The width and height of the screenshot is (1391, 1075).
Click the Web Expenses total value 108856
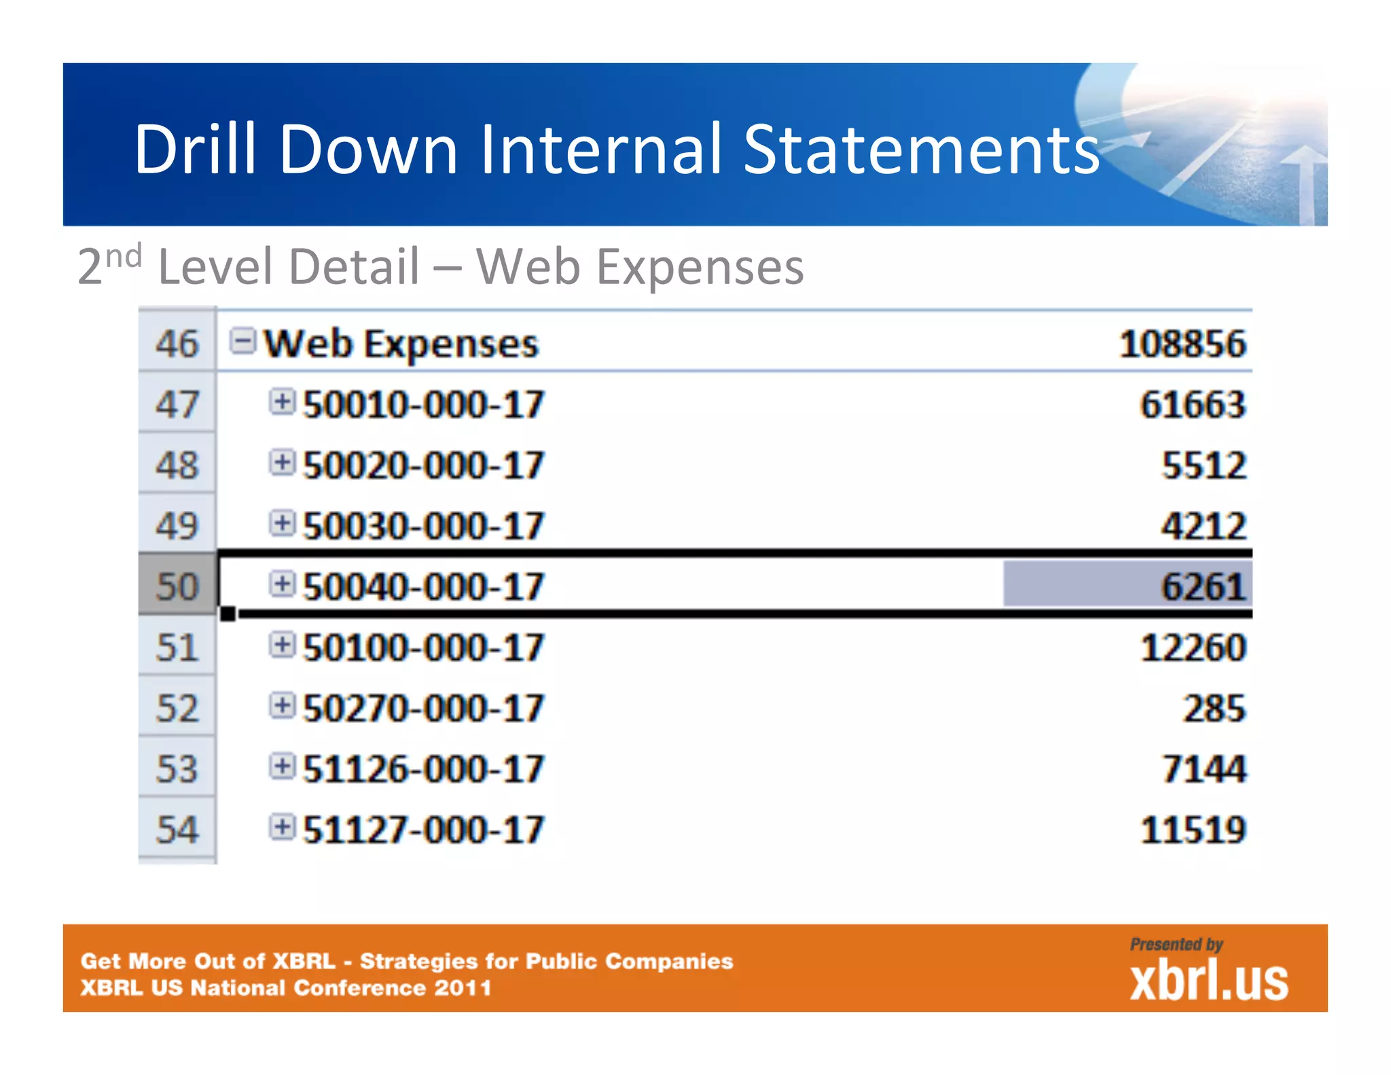pos(1182,344)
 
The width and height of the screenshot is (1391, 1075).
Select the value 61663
pos(1192,405)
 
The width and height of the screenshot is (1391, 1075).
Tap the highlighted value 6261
pos(1203,587)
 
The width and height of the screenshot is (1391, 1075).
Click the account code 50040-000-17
pos(423,587)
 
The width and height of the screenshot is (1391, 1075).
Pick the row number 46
pos(177,344)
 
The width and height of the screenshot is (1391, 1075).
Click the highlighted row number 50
pos(177,587)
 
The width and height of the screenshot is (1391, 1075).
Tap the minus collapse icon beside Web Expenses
pos(242,340)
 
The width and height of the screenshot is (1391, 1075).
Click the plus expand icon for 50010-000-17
pos(282,402)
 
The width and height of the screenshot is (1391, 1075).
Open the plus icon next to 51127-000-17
pos(282,827)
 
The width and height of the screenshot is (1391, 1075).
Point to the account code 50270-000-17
pos(423,709)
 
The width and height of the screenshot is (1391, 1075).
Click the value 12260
pos(1192,648)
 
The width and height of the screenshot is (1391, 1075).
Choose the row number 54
pos(177,830)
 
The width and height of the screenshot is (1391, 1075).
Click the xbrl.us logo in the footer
pos(1208,981)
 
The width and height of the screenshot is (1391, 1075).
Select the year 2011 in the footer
pos(463,987)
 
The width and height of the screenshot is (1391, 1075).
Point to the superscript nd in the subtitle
pos(124,256)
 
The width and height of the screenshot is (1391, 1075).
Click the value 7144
pos(1203,769)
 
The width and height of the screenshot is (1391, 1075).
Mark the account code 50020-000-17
pos(423,466)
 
